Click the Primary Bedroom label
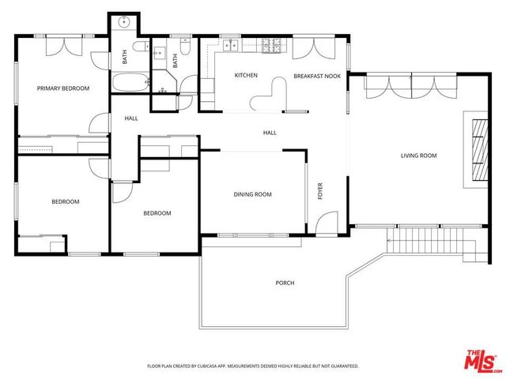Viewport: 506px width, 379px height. [x=63, y=88]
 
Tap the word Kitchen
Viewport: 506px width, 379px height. [x=247, y=76]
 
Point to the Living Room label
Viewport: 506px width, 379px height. [x=418, y=156]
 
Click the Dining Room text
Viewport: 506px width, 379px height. [x=252, y=194]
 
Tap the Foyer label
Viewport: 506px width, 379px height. [x=320, y=192]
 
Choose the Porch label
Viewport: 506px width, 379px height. [x=285, y=283]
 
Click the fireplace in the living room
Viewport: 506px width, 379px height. [x=477, y=150]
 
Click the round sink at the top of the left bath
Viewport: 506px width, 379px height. [x=125, y=22]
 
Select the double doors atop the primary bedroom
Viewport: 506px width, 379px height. [x=62, y=46]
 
